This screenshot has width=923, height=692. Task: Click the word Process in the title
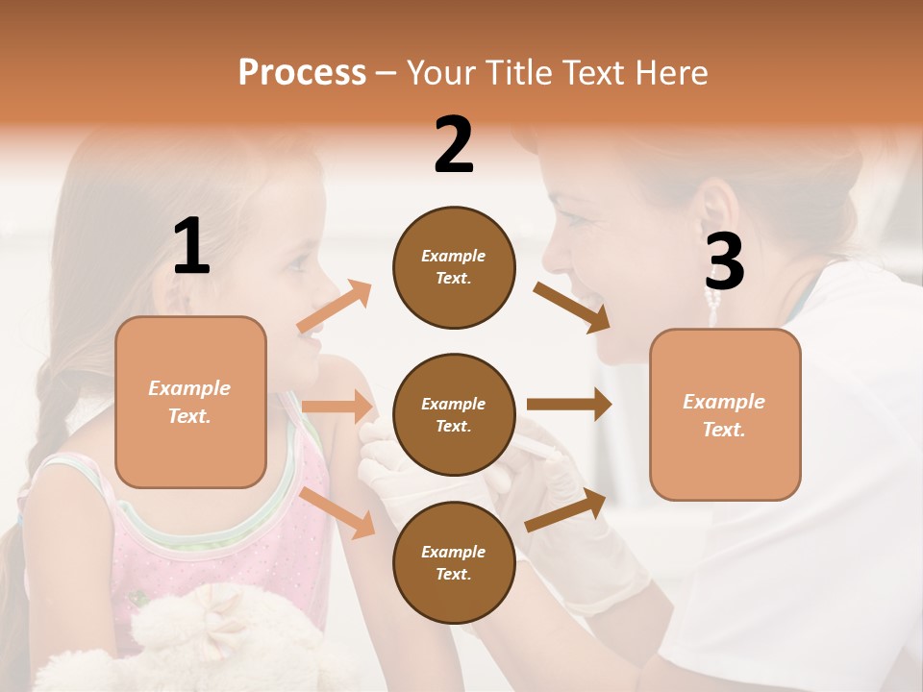coord(302,73)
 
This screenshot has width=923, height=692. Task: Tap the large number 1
coord(191,247)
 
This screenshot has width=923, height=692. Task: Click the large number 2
coord(454,145)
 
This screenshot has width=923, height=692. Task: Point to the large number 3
coord(724,262)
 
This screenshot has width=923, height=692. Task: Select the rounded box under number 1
coord(190,402)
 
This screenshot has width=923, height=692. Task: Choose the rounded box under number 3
coord(725,415)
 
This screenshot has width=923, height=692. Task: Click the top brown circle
coord(454,267)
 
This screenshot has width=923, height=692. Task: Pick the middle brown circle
coord(454,414)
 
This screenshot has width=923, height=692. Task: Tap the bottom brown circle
coord(454,562)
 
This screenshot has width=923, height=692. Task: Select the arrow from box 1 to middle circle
coord(337,407)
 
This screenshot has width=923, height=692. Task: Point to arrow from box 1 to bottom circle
coord(337,512)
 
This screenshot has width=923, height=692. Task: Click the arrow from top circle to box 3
coord(571,308)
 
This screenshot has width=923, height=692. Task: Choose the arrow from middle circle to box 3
coord(569,405)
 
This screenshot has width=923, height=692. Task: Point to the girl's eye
coord(299,260)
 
